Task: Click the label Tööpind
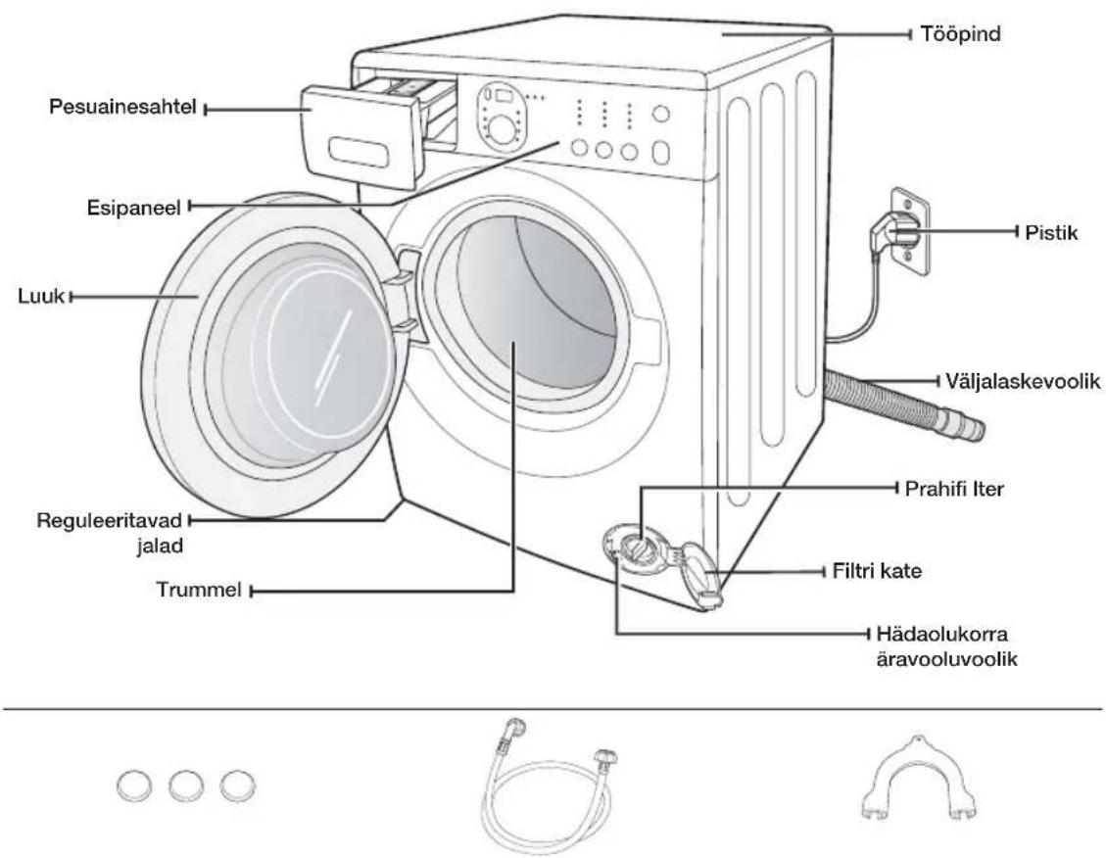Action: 960,34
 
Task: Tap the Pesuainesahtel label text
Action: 122,107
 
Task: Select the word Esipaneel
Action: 134,208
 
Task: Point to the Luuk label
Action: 41,296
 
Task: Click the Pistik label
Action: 1051,233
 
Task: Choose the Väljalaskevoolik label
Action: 1023,381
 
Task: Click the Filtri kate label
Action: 877,570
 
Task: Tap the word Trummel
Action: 199,590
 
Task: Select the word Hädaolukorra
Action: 941,634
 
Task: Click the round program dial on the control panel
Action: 502,129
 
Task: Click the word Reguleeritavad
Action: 110,522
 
